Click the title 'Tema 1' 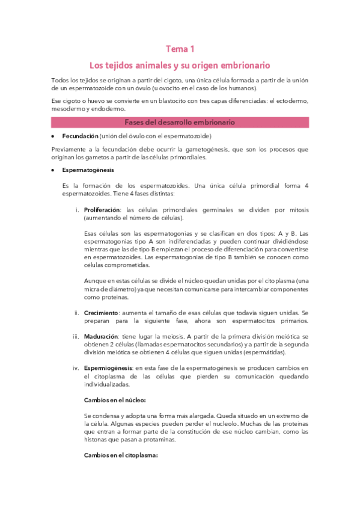pos(180,49)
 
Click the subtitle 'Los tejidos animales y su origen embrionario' pos(180,64)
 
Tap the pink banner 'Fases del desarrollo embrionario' pos(180,122)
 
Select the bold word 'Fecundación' pos(80,137)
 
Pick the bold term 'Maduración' pos(100,336)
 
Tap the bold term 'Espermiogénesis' pos(106,367)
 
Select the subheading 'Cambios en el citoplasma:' pos(120,455)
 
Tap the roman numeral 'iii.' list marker pos(75,336)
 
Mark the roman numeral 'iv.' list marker pos(75,367)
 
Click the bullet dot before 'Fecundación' pos(53,137)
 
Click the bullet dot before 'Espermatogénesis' pos(53,171)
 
